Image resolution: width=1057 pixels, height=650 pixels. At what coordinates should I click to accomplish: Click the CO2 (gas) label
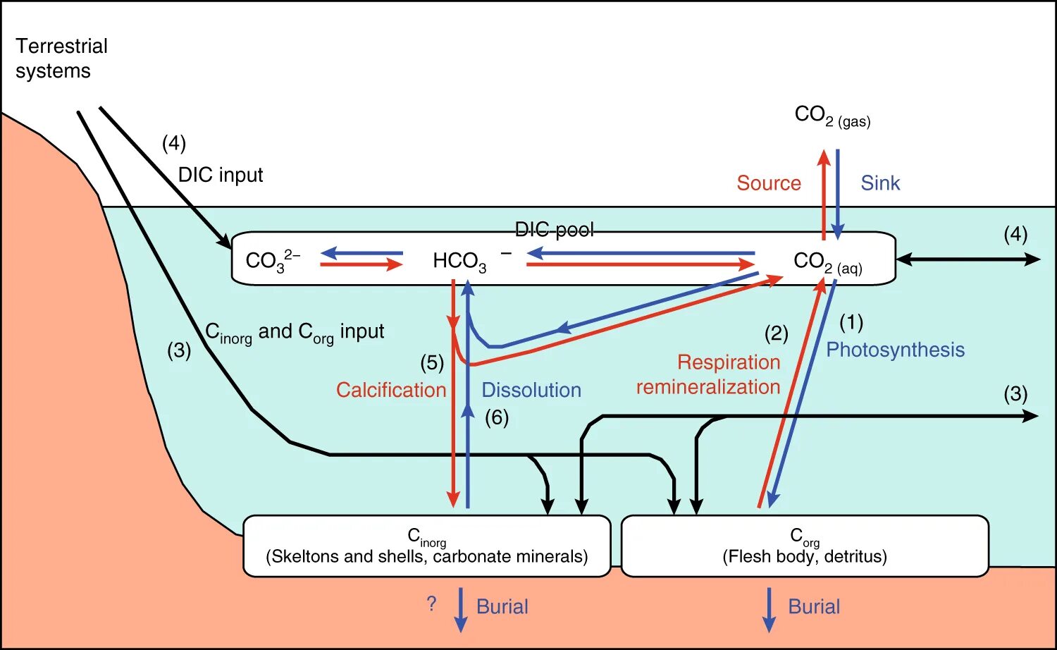point(832,116)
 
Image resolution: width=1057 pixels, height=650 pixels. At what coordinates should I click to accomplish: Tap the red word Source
point(769,183)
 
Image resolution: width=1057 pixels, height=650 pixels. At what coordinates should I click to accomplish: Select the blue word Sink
point(880,183)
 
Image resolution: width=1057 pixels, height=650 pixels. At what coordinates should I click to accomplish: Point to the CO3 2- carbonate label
point(272,260)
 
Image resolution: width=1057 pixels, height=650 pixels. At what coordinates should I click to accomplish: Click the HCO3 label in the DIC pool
point(460,261)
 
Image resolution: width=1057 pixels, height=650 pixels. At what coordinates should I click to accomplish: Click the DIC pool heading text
point(554,230)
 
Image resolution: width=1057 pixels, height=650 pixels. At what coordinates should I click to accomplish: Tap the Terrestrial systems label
point(61,59)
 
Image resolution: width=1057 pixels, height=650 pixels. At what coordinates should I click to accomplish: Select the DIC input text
point(221,175)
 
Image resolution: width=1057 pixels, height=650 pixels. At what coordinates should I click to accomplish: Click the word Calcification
point(391,390)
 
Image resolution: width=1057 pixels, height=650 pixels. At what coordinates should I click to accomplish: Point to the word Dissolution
point(531,390)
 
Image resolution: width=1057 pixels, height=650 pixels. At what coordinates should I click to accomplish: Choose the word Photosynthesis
point(895,350)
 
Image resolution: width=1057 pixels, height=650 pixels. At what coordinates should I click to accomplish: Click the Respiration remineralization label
point(709,374)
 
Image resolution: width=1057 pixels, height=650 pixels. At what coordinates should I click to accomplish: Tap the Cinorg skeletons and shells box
point(426,546)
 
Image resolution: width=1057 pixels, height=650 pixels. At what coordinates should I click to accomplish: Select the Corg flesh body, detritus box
point(804,546)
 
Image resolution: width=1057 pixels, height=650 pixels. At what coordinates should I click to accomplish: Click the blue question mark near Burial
point(431,604)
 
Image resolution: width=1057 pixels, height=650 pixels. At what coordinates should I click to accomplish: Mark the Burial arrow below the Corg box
point(769,610)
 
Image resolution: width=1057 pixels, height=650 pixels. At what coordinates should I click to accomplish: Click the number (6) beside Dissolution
point(497,417)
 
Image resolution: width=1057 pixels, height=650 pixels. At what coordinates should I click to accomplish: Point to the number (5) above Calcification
point(432,363)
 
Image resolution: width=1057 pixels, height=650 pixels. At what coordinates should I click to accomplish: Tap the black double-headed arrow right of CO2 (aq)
point(968,259)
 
